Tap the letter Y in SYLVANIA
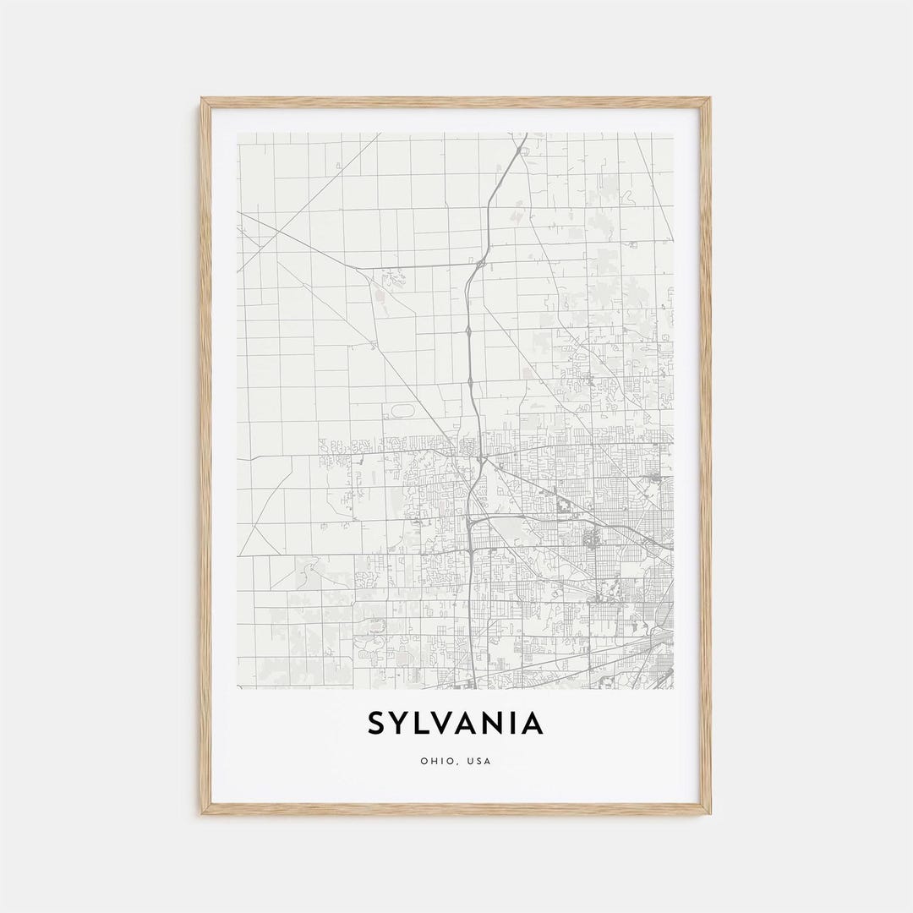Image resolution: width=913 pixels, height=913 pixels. point(403,724)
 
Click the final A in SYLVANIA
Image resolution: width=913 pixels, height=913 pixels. point(533,724)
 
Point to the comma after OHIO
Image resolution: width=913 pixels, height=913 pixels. point(454,763)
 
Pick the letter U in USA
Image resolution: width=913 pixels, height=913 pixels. point(469,761)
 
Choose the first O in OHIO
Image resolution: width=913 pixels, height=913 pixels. point(424,761)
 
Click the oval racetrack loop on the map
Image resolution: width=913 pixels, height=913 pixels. point(403,411)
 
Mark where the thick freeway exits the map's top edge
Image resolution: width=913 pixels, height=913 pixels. point(525,134)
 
